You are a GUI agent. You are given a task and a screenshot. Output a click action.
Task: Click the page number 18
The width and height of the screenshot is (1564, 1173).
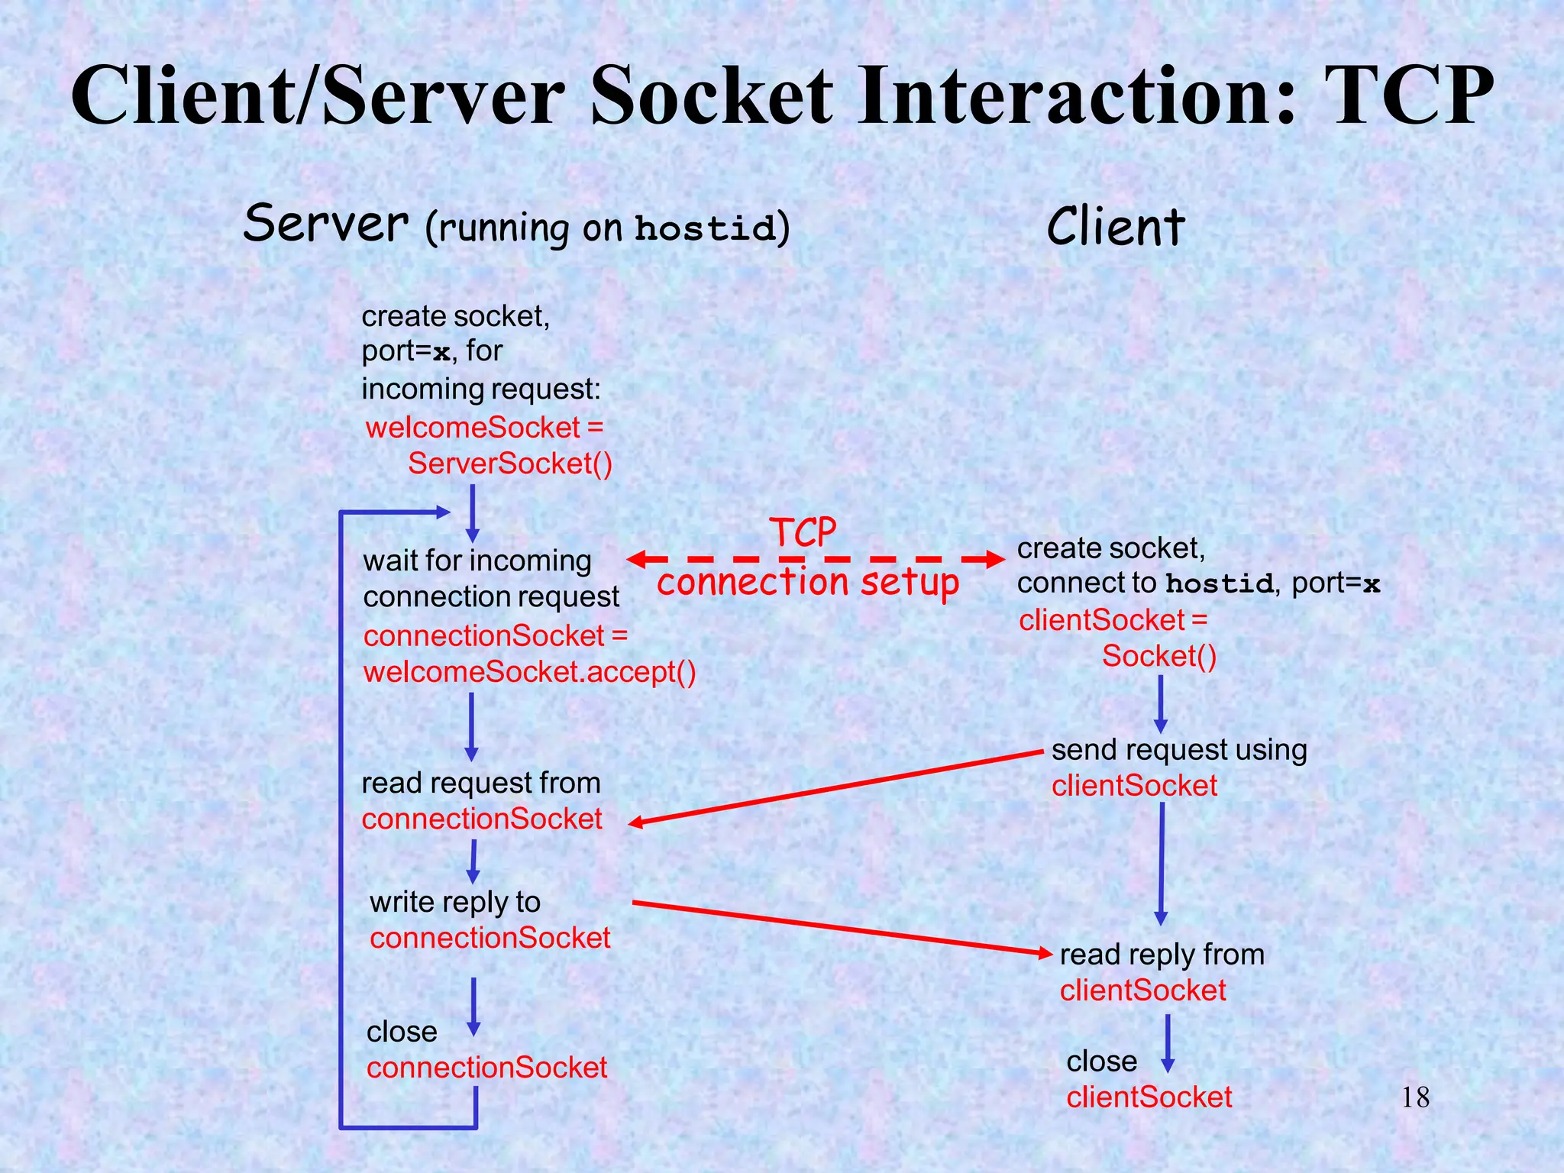[1415, 1098]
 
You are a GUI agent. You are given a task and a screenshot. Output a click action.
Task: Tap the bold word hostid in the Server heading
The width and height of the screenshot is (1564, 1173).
[704, 228]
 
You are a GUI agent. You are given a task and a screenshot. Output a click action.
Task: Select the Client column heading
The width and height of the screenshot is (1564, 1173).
[1115, 227]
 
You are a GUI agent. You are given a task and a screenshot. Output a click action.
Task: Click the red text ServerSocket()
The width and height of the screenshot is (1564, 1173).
[509, 464]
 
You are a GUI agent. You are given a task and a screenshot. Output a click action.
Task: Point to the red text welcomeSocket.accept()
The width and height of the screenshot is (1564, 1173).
[529, 672]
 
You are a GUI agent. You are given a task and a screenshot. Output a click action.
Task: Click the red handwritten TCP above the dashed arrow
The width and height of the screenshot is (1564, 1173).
[802, 532]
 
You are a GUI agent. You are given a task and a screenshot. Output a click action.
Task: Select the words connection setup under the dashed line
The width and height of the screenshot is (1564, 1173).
[807, 583]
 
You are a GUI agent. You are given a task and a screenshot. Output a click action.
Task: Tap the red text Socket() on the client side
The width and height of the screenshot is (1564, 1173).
[1158, 656]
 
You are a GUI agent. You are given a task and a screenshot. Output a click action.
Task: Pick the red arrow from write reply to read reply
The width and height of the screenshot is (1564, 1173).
[840, 927]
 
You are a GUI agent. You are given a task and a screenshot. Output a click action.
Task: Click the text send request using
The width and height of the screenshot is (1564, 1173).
[1178, 750]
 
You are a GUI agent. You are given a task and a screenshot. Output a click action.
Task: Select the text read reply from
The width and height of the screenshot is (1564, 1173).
[1162, 955]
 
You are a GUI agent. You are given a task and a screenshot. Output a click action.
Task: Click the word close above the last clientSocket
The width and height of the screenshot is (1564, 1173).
[1101, 1062]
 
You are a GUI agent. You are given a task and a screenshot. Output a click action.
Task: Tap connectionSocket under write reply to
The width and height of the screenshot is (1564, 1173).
[490, 938]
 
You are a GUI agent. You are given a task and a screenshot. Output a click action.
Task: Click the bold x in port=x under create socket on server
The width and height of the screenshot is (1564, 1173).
[441, 354]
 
